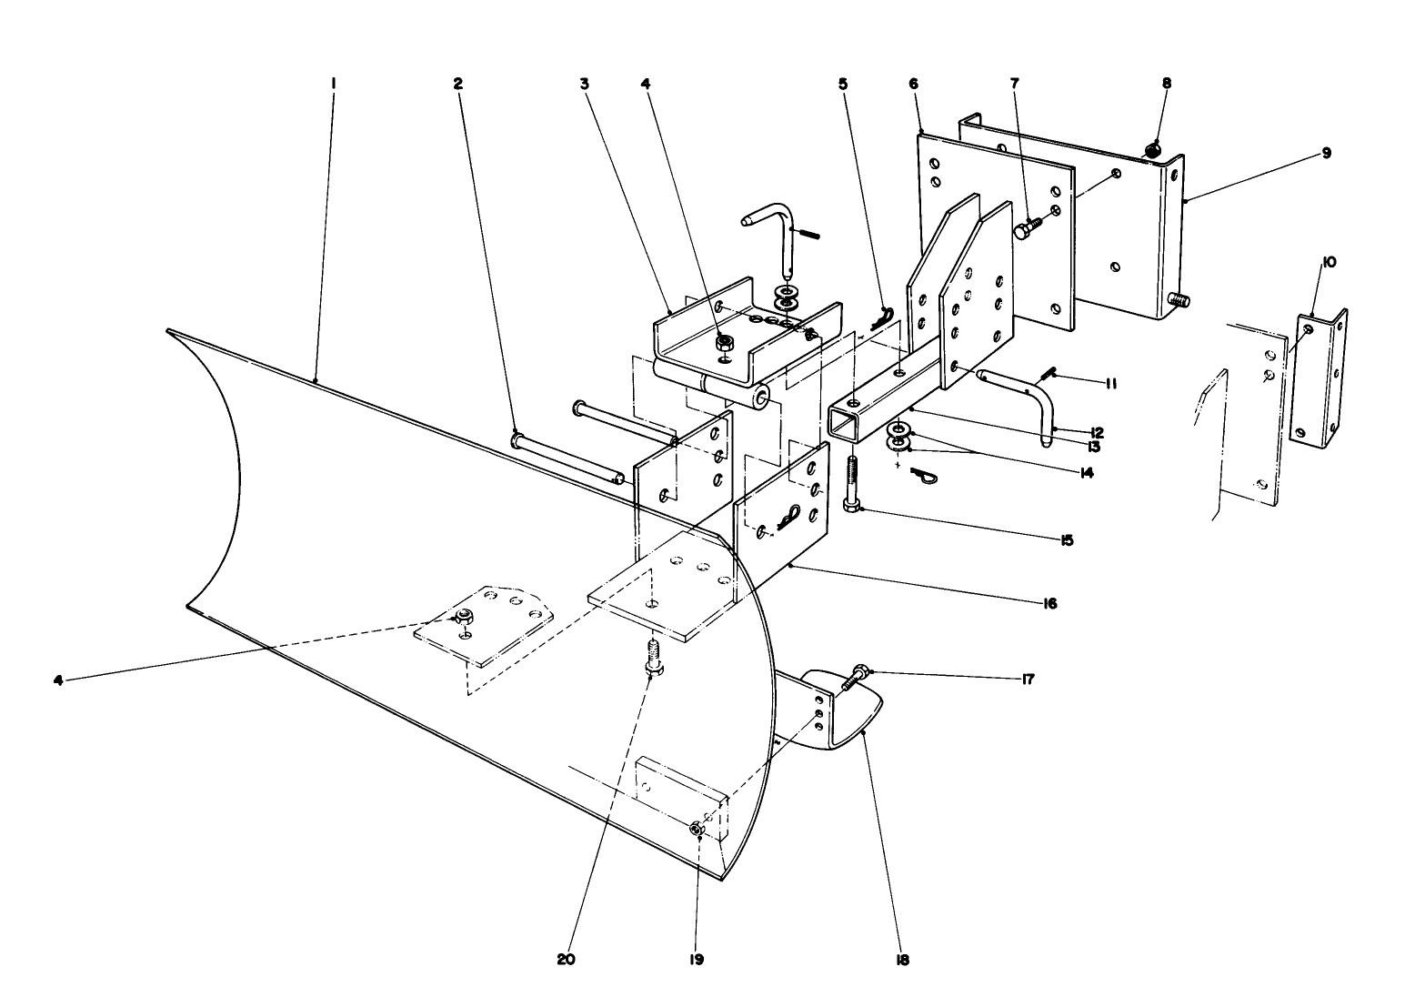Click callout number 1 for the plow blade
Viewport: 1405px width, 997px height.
(334, 83)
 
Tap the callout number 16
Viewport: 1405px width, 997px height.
(1049, 603)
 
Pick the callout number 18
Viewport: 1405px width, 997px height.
(902, 959)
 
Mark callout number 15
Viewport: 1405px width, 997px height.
(1066, 539)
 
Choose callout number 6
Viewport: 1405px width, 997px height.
(913, 83)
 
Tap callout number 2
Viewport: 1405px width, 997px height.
(458, 83)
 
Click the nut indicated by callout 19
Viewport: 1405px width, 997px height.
(697, 828)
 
